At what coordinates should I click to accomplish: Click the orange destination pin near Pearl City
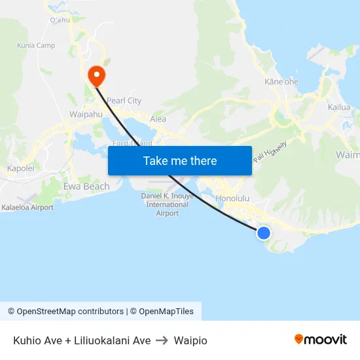click(x=96, y=75)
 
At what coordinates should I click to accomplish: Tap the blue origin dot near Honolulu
click(x=264, y=233)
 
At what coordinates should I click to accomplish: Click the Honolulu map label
click(x=234, y=198)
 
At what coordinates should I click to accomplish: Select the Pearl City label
click(x=124, y=101)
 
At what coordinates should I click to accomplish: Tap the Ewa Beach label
click(x=86, y=187)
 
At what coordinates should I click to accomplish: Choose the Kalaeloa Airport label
click(x=27, y=207)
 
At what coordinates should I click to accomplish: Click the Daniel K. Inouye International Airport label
click(x=168, y=204)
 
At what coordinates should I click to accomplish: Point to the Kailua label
click(x=339, y=107)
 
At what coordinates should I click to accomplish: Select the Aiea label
click(x=158, y=119)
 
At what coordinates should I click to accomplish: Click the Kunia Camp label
click(x=35, y=46)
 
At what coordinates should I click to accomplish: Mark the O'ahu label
click(x=60, y=20)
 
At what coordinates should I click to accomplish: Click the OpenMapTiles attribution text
click(x=165, y=312)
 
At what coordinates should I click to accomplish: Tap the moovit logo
click(x=321, y=340)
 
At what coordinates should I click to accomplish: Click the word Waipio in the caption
click(x=190, y=340)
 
